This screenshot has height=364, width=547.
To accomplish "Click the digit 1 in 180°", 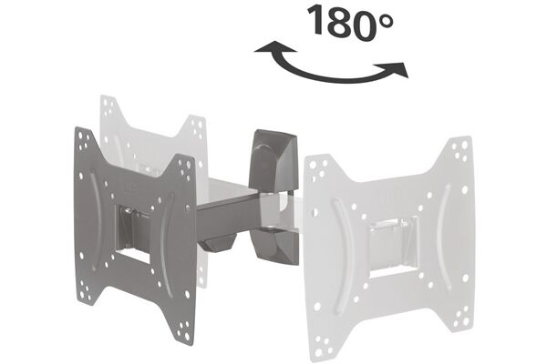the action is (x=315, y=20).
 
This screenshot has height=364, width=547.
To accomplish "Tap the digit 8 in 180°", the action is (x=337, y=21).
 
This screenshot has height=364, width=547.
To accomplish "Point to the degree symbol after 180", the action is (x=386, y=21).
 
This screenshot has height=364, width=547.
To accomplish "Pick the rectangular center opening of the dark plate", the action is (x=133, y=233).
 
